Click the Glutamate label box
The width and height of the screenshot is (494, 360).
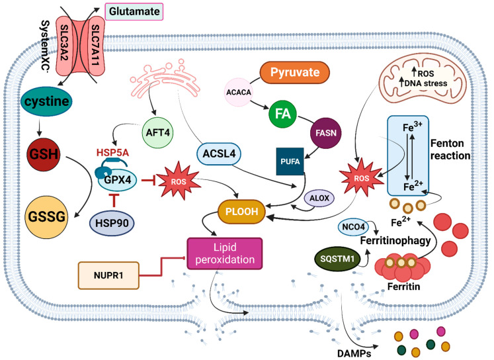[x=134, y=12]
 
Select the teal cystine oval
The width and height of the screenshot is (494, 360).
[x=46, y=101]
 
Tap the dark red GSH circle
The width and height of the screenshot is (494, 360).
[x=44, y=154]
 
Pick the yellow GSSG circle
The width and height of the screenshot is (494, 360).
[x=46, y=217]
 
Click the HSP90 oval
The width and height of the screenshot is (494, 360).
[x=112, y=223]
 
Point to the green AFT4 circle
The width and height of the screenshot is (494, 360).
[x=157, y=132]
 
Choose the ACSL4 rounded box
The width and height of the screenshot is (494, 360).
[x=219, y=154]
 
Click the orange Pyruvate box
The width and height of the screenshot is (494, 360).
[x=294, y=73]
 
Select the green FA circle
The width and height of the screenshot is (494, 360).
[x=282, y=114]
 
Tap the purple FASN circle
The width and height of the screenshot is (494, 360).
[x=326, y=133]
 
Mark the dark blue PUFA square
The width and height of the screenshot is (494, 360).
[x=290, y=161]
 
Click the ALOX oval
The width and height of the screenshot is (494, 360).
[x=319, y=199]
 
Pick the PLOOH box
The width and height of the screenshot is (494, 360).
[x=241, y=212]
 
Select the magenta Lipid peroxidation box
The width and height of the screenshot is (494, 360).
[x=225, y=253]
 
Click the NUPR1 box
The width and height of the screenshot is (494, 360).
[x=108, y=275]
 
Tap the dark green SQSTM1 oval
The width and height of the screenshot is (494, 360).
[x=337, y=259]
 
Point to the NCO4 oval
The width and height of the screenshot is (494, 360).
[x=353, y=227]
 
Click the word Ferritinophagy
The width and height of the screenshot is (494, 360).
[x=395, y=241]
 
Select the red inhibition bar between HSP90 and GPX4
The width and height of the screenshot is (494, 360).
[x=114, y=201]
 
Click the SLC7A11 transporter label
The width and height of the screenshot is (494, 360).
[x=95, y=46]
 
